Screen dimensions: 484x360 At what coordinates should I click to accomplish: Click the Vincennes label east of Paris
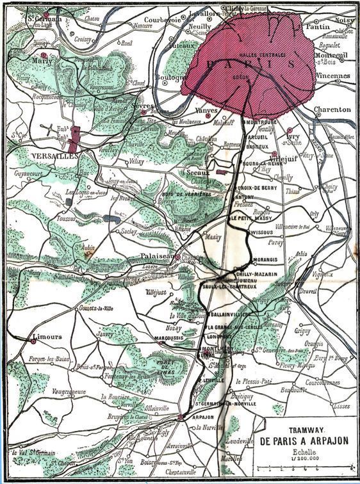[x=333, y=76]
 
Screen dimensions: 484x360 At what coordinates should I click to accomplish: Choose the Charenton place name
[x=332, y=109]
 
